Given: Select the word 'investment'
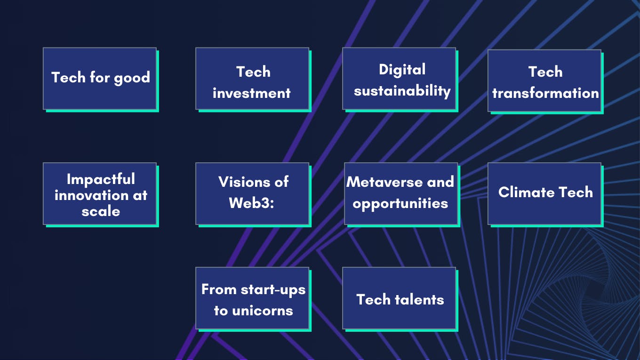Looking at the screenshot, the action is [x=251, y=93].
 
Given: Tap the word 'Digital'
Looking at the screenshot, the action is [x=402, y=70].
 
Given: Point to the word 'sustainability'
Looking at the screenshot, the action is [x=402, y=91].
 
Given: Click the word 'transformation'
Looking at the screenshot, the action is [x=545, y=93].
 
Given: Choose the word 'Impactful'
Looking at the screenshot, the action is [x=101, y=180].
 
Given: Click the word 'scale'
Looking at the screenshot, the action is [x=101, y=211].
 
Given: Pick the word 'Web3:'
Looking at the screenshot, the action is [x=251, y=203].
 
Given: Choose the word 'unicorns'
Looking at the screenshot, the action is [x=263, y=311].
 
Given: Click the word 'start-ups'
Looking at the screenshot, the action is [x=273, y=290].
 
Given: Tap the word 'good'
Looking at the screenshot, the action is [x=132, y=78].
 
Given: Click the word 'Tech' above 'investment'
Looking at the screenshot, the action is [x=253, y=72].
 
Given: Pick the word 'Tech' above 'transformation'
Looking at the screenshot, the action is [x=545, y=72].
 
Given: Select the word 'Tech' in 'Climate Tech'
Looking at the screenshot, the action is [x=576, y=192].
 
